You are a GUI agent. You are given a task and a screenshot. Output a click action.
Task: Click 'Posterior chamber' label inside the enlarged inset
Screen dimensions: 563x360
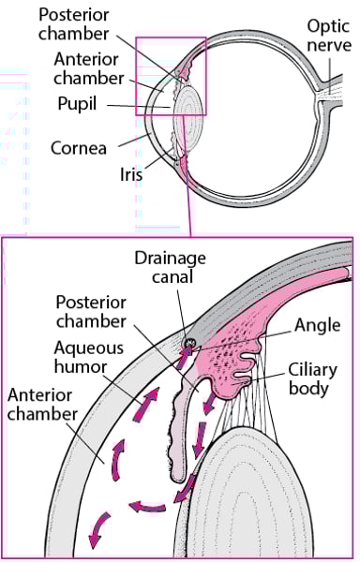click(90, 313)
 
